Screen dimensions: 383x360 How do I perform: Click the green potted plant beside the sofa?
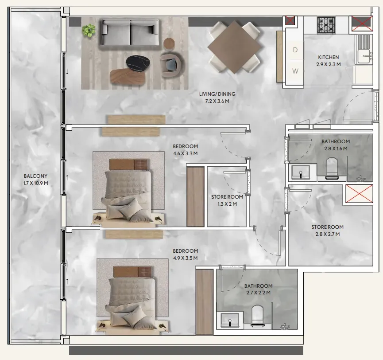coord(89,31)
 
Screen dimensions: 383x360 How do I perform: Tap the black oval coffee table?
coord(139,64)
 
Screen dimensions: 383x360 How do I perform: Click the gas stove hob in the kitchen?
coord(326,25)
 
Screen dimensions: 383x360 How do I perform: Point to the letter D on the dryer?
coord(295,50)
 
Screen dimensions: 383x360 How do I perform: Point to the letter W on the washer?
coord(295,71)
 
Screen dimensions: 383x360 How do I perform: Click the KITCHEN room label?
coord(328,57)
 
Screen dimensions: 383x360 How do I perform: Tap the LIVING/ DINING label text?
coord(217,94)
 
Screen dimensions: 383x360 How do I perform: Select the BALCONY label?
coord(36,176)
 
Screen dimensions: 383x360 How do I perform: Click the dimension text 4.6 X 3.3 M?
coord(186,153)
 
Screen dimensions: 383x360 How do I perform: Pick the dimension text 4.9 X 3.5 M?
coord(186,258)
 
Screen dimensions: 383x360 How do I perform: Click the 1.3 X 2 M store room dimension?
coord(227,204)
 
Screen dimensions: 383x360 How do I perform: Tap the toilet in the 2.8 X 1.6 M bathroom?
coord(332,167)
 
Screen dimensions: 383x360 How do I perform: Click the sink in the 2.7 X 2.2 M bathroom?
coord(229,320)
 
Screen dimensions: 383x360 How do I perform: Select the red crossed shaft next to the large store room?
coord(360,194)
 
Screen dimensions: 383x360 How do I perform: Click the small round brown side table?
coord(169,44)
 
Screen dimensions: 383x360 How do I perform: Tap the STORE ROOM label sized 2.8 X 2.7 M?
coord(327,227)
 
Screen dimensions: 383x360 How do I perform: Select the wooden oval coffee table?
coord(128,77)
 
